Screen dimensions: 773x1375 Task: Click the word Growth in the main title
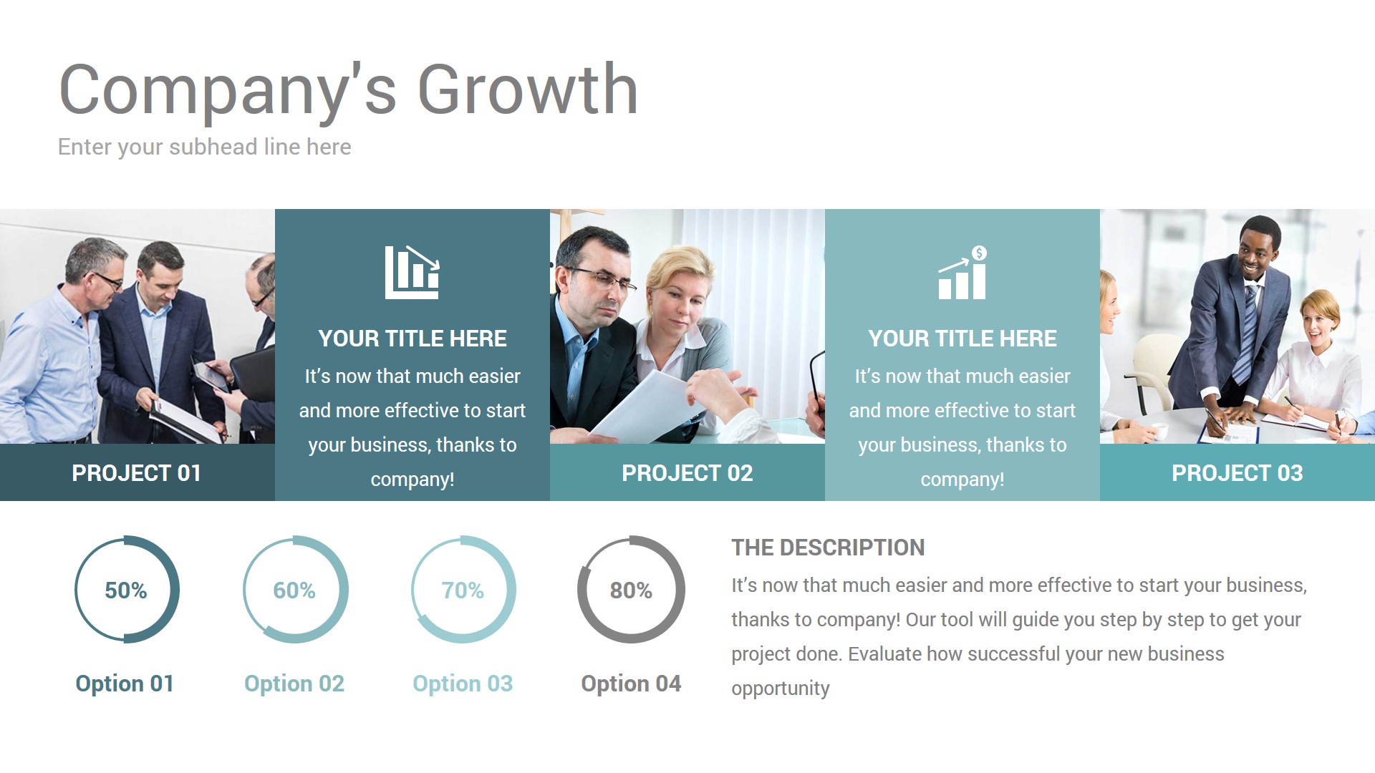(x=527, y=90)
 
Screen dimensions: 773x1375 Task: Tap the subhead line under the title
(x=204, y=147)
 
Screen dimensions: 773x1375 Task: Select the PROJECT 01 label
(x=136, y=473)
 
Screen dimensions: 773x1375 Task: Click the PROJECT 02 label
(x=687, y=473)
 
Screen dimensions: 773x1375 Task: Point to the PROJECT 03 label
(x=1237, y=473)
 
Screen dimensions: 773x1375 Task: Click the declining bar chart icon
(x=412, y=273)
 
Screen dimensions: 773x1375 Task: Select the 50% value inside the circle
(x=125, y=590)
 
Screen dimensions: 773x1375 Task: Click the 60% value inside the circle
(x=294, y=590)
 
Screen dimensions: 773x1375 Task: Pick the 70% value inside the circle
(x=462, y=590)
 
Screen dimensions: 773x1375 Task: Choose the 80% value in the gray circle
(x=631, y=590)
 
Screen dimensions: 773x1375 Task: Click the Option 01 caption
(x=125, y=684)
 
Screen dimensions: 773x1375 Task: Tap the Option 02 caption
(x=294, y=684)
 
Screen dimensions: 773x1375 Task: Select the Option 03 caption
(x=463, y=684)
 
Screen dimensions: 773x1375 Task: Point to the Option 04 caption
(x=631, y=684)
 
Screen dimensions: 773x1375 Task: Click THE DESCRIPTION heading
(x=828, y=548)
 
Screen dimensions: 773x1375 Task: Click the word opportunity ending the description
(x=780, y=689)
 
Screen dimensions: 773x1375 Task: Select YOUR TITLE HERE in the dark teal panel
(x=412, y=339)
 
